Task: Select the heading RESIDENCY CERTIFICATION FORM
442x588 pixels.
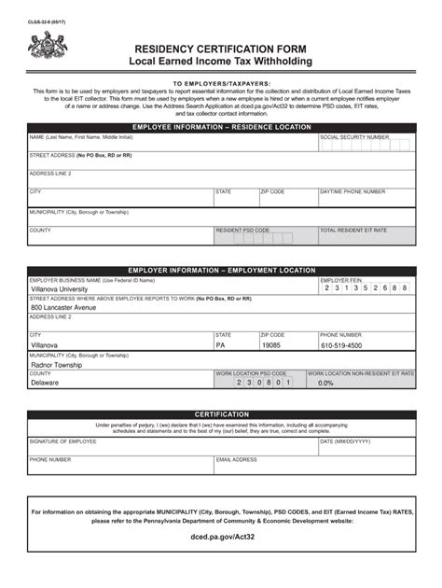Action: (x=221, y=47)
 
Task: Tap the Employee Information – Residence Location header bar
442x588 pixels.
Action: (x=221, y=125)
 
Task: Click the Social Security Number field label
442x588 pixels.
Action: (x=353, y=136)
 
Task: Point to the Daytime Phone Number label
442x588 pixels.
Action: (x=352, y=191)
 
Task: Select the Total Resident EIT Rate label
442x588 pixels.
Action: (x=354, y=230)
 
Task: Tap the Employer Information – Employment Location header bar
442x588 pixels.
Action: (x=221, y=270)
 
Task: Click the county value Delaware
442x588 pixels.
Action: (x=45, y=383)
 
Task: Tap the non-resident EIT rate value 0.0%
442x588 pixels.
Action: (x=325, y=383)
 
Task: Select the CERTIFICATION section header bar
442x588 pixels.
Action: (x=221, y=413)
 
